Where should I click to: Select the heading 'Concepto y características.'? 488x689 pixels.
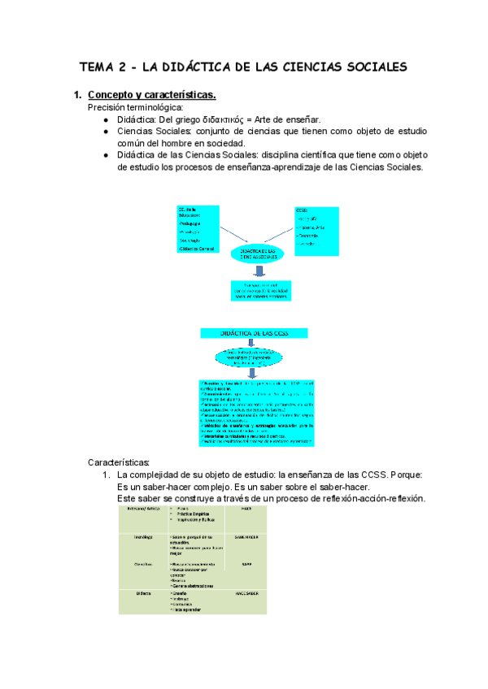tap(151, 95)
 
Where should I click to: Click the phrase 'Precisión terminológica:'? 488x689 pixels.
tap(135, 107)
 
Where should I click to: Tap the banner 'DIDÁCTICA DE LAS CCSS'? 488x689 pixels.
tap(254, 332)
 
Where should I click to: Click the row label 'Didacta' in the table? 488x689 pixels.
tap(133, 594)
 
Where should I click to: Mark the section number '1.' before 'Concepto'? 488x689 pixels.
tap(79, 95)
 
